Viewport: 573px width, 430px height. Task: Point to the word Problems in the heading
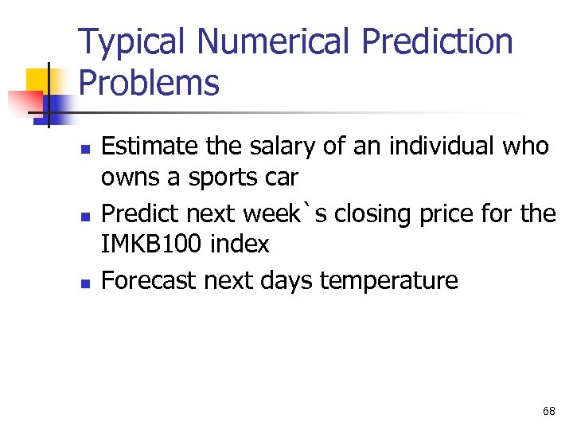(x=149, y=83)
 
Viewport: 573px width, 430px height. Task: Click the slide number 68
(x=548, y=411)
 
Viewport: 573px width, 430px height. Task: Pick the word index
(x=240, y=244)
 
